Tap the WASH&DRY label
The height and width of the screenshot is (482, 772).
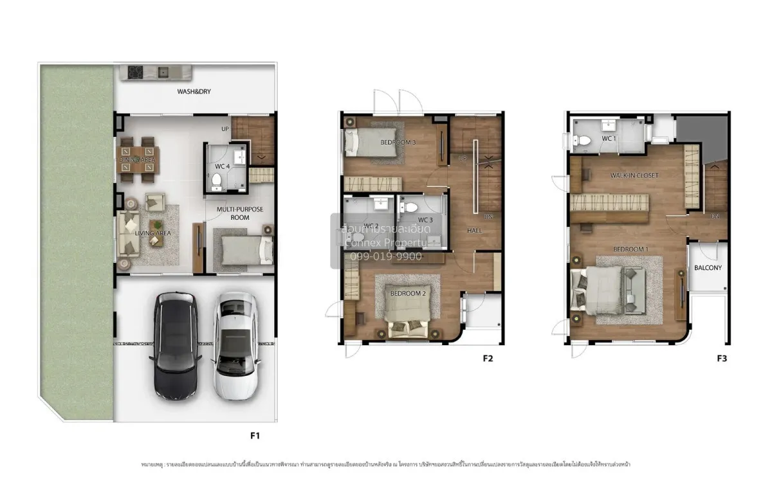tap(194, 92)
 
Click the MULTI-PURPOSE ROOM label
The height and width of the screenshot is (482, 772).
tap(240, 213)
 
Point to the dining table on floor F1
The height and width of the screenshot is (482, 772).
tap(137, 160)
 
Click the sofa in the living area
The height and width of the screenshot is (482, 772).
tap(127, 235)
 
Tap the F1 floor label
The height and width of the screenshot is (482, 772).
tap(255, 436)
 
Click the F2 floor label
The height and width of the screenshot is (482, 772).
tap(488, 359)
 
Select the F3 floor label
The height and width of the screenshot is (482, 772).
tap(722, 359)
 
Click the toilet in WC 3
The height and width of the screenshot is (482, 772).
tap(412, 208)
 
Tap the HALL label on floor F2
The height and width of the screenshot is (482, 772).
tap(474, 230)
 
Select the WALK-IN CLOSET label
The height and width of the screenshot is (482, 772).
tap(634, 175)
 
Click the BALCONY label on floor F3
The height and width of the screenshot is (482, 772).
tap(708, 268)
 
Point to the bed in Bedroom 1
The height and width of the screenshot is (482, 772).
tap(598, 289)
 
